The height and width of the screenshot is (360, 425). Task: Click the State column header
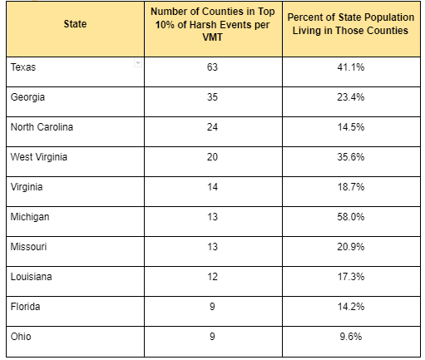(x=75, y=24)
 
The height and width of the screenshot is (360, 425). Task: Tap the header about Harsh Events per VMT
(x=213, y=24)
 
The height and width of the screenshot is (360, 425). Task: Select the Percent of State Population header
(x=351, y=24)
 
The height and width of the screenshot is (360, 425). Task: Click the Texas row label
(x=23, y=67)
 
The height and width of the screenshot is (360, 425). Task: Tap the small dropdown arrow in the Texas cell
(x=138, y=63)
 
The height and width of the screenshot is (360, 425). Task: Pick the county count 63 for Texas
(x=212, y=67)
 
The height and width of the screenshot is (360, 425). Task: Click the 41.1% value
(x=351, y=67)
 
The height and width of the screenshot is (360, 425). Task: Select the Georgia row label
(x=27, y=97)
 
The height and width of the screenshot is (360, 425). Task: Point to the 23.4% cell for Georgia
(x=351, y=97)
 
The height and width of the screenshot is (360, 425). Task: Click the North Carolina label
(x=42, y=127)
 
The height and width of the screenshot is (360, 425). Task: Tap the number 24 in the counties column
(x=212, y=127)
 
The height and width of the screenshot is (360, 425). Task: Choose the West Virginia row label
(x=39, y=157)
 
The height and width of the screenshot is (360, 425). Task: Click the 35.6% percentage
(x=351, y=157)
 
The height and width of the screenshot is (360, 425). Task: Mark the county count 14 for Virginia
(x=212, y=187)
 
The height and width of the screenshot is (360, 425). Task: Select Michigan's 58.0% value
(x=351, y=217)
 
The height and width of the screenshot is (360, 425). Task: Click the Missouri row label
(x=28, y=247)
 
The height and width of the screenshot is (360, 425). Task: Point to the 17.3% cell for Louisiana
(x=351, y=277)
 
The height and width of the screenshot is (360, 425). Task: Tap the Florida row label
(x=26, y=307)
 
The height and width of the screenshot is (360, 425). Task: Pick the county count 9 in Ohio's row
(x=212, y=337)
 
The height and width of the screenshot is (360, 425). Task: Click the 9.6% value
(x=351, y=337)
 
